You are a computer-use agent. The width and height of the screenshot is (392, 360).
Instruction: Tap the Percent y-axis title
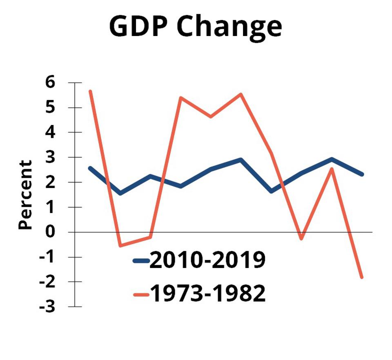[x=25, y=195]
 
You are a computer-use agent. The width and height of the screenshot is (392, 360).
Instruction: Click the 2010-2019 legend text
[x=207, y=260]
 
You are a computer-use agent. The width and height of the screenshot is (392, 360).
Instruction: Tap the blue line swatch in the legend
[x=141, y=261]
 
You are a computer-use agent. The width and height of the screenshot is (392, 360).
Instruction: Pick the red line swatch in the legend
[x=141, y=294]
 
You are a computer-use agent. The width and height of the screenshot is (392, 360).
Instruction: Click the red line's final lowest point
[x=362, y=277]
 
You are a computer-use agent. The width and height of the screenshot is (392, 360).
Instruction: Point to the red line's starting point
[x=90, y=91]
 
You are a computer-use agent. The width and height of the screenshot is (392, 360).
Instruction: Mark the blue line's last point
[x=362, y=174]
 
